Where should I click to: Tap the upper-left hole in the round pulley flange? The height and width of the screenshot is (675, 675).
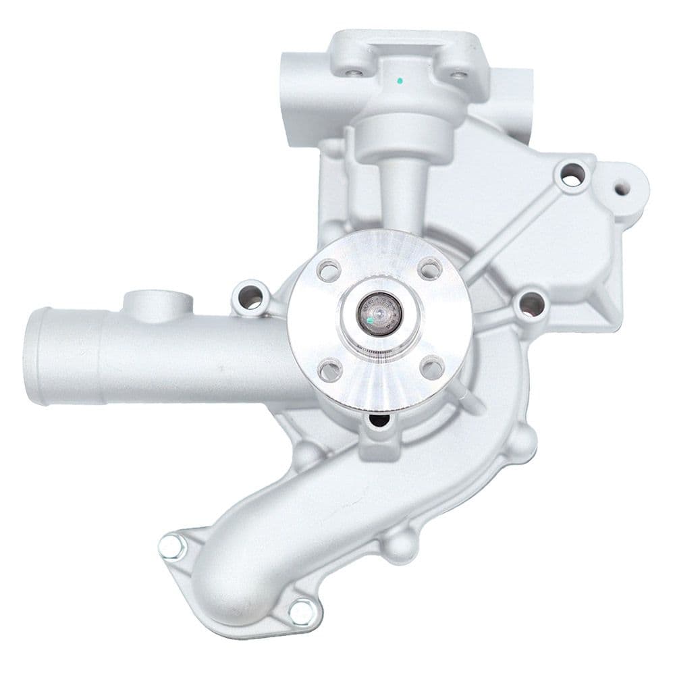coord(329,271)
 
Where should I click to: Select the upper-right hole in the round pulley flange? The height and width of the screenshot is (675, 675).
coord(429,269)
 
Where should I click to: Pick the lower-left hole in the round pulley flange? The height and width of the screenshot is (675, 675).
coord(329,369)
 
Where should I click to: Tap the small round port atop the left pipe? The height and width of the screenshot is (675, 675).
coord(155,301)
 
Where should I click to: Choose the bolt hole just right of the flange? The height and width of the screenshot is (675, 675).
coord(531,305)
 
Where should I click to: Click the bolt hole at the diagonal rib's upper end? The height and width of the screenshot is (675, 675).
coord(572,175)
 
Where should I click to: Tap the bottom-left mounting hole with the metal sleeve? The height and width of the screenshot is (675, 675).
coord(173,547)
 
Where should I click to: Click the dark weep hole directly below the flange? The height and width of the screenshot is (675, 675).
coord(379,422)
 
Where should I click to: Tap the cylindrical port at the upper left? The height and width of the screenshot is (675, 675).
coord(300,94)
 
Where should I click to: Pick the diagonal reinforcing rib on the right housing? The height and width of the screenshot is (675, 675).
coord(513,230)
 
